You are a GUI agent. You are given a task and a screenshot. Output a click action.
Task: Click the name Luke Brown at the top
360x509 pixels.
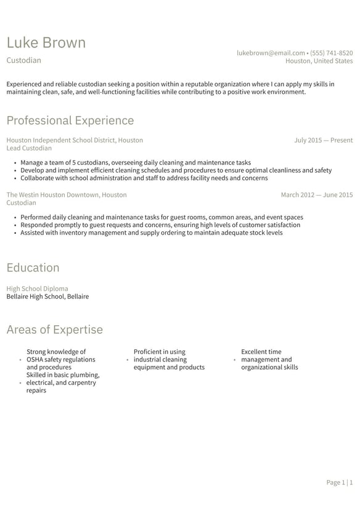click(46, 43)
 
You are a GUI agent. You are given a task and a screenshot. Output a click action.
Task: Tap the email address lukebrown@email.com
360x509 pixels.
click(271, 53)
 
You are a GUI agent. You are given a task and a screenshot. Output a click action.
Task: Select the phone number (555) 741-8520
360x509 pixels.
click(332, 53)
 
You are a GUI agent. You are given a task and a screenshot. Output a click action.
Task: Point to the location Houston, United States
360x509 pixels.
click(319, 61)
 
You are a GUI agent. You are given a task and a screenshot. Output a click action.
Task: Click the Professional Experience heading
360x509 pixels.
click(70, 120)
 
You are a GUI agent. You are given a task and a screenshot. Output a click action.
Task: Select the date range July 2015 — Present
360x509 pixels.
click(323, 140)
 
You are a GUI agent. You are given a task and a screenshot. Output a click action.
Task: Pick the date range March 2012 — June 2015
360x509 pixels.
click(316, 194)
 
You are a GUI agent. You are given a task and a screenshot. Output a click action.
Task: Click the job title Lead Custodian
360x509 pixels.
click(29, 148)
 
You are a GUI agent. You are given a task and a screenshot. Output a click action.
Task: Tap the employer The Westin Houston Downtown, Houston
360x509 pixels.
click(67, 194)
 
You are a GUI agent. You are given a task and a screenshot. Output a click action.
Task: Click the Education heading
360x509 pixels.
click(33, 267)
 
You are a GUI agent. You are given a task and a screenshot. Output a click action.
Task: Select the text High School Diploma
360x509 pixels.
click(37, 288)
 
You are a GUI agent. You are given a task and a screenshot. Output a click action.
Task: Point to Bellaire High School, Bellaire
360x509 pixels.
click(47, 296)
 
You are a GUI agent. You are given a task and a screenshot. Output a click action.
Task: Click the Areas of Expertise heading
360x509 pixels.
click(54, 329)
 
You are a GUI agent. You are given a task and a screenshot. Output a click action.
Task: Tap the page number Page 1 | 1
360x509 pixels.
click(339, 482)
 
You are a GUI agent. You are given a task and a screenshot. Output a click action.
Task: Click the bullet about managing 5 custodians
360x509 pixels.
click(136, 163)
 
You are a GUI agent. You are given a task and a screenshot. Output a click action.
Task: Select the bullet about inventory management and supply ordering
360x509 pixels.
click(151, 233)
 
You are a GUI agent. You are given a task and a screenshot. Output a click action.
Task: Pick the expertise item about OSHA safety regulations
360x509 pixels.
click(60, 359)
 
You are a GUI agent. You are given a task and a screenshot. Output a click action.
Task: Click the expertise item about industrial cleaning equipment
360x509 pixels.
click(168, 359)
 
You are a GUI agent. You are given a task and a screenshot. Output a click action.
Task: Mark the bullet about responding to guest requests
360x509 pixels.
click(160, 225)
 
